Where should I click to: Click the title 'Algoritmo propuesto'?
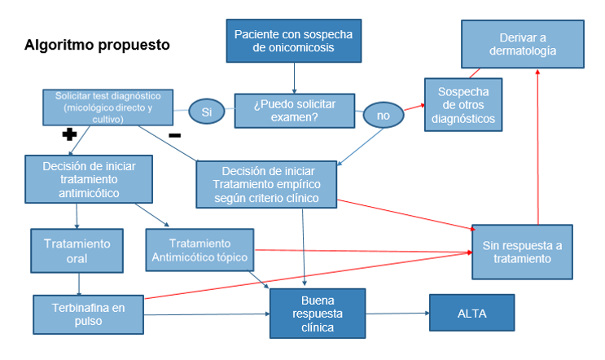click(x=98, y=45)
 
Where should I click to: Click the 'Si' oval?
click(x=206, y=112)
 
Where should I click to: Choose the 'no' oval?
click(x=383, y=116)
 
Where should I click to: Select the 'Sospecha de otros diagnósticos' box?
click(x=461, y=103)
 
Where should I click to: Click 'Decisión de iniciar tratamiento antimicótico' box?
click(x=87, y=179)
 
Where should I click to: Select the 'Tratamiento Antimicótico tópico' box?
click(x=199, y=250)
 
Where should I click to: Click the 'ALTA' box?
click(x=472, y=313)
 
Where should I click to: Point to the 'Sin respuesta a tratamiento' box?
click(x=522, y=251)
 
